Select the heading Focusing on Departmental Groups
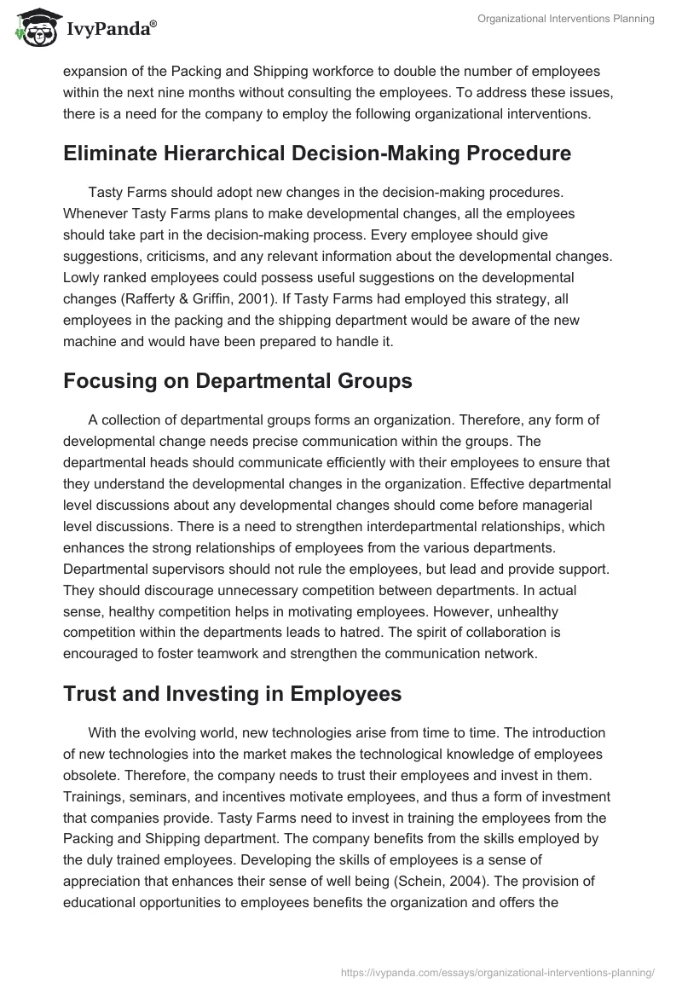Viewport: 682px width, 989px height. tap(237, 381)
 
